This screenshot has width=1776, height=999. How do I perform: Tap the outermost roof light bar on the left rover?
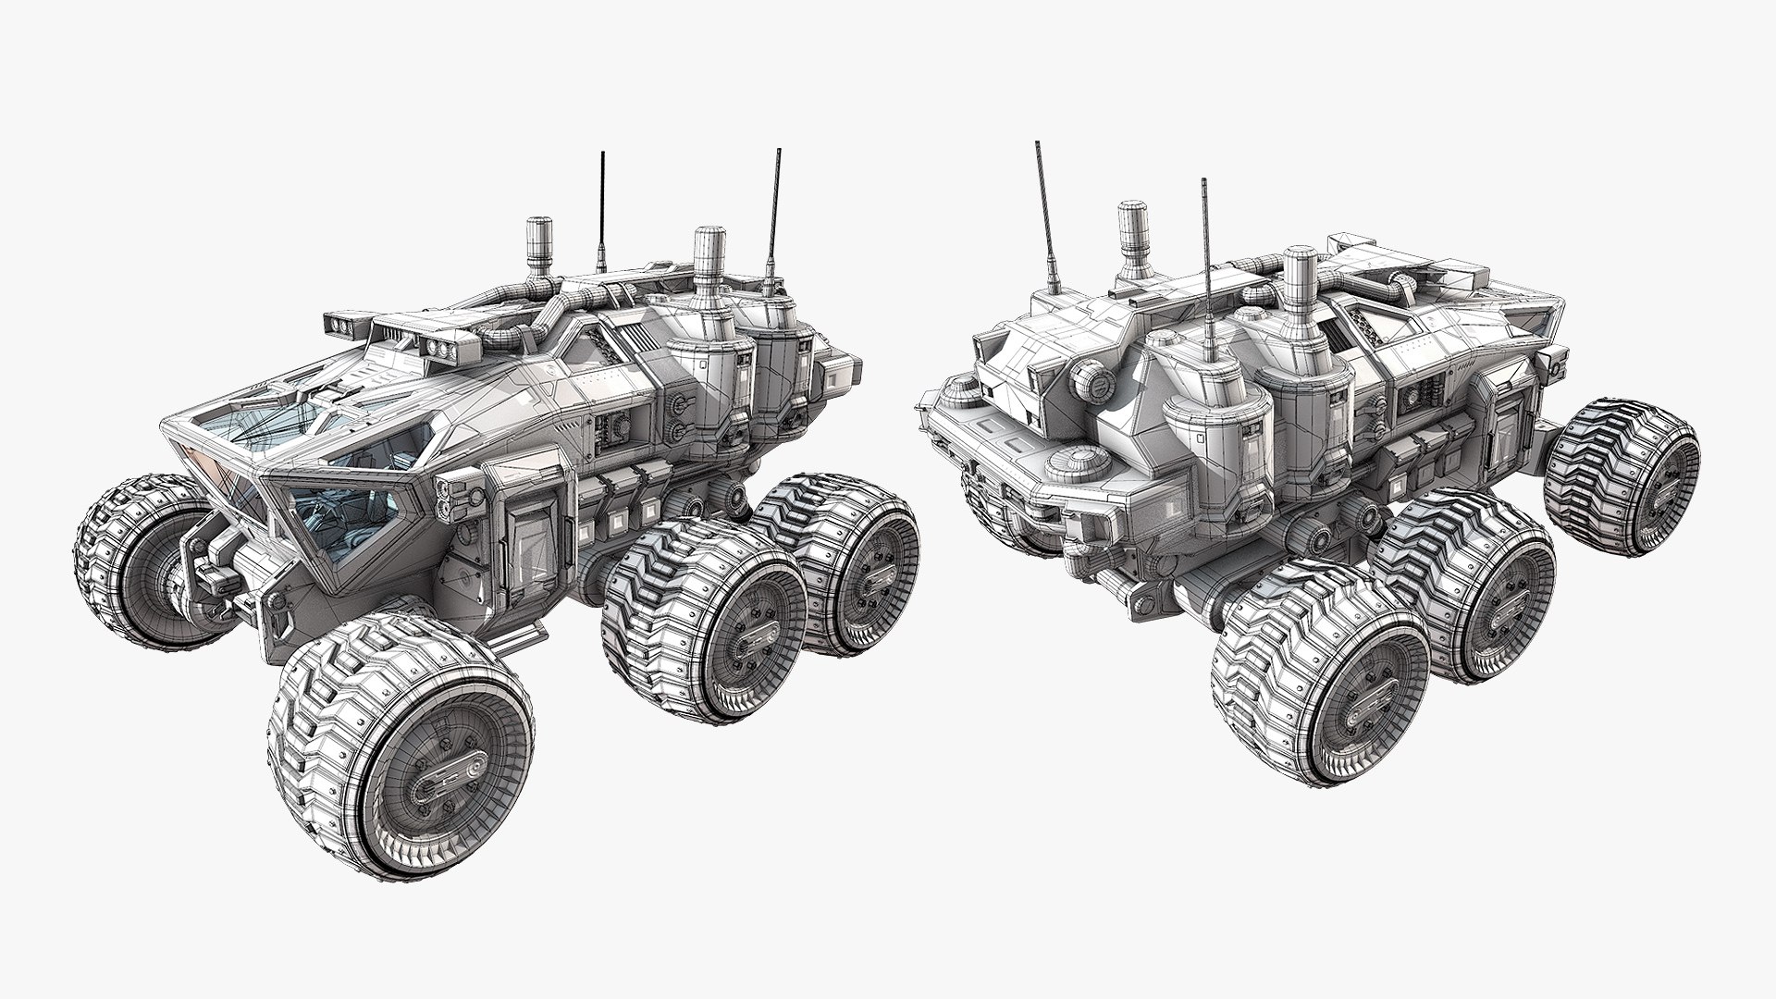(349, 325)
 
